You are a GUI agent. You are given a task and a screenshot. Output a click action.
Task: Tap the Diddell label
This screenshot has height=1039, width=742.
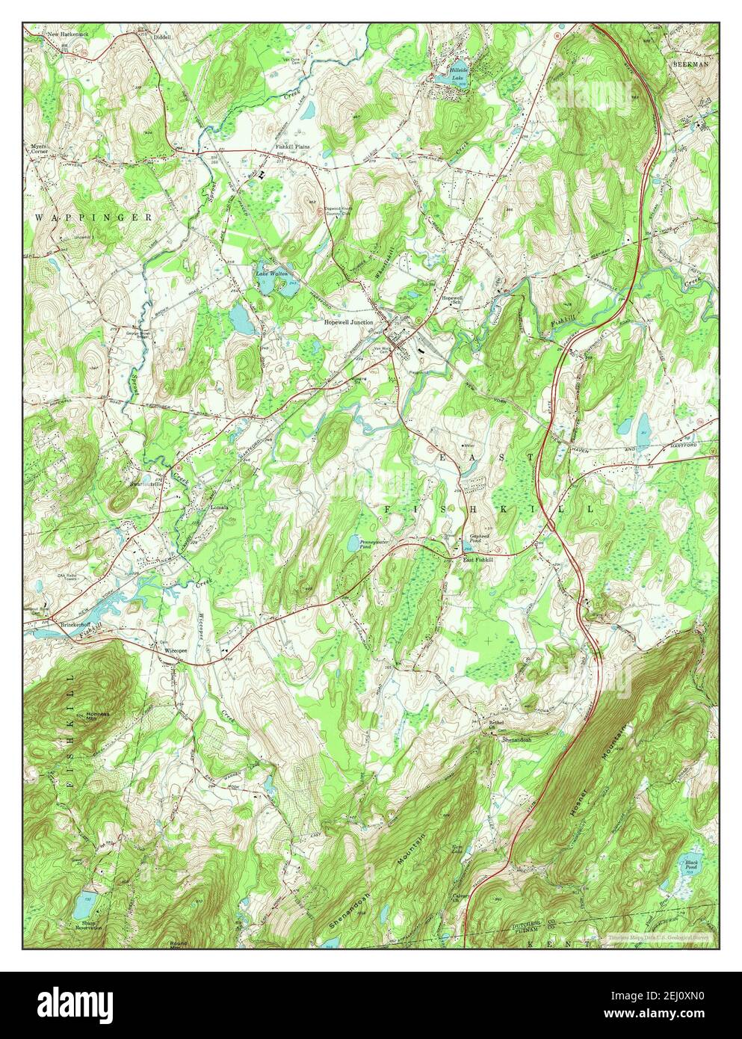[x=162, y=36]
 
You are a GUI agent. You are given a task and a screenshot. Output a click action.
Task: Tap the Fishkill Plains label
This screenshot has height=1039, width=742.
[x=292, y=147]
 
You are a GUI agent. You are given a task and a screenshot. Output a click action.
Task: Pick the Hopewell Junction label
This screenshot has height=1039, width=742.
[x=348, y=322]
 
